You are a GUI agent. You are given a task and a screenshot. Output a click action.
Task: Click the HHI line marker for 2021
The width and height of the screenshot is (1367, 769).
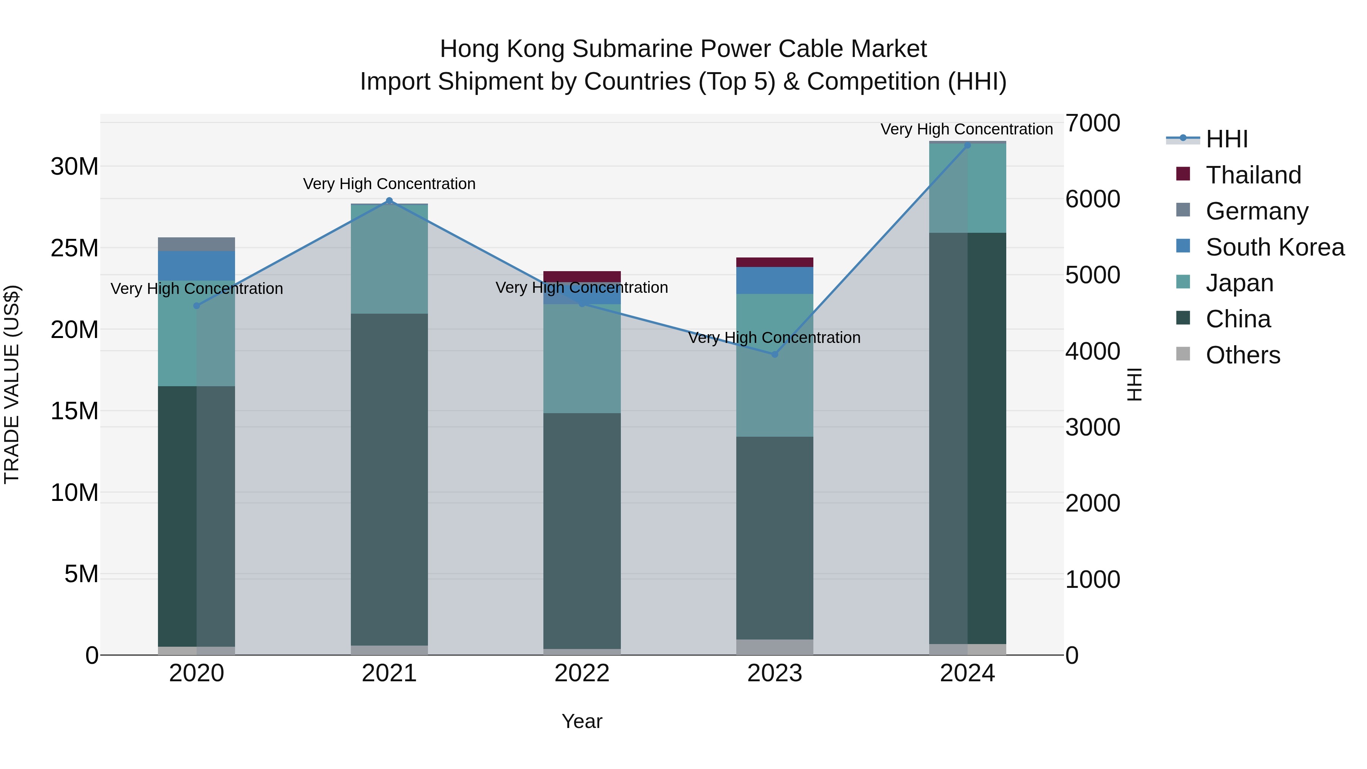coord(389,201)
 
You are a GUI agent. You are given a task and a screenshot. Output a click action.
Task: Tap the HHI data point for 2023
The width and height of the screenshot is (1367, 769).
coord(774,354)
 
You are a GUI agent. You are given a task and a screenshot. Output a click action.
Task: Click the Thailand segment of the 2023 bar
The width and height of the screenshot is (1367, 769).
coord(774,262)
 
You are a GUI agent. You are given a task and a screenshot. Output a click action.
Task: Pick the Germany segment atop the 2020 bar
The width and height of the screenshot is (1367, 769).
coord(196,244)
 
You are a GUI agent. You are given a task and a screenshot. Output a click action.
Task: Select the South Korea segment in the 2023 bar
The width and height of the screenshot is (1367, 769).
coord(774,280)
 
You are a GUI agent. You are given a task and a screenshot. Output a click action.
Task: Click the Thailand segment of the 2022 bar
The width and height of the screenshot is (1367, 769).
coord(582,276)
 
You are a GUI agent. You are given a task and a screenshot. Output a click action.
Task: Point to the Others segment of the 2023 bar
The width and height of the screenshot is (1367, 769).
coord(774,647)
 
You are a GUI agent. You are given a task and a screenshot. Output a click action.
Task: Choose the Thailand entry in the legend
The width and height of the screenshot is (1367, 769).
coord(1253,175)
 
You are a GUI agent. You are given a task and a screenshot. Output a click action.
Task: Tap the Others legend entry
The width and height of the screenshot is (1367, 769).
coord(1242,355)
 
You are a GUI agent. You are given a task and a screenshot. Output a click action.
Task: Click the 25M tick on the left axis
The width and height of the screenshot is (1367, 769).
coord(74,248)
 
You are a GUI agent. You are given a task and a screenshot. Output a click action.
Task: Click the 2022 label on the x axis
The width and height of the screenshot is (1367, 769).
coord(582,673)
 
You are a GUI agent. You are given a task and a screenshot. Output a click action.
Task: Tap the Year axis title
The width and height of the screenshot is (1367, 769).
coord(582,721)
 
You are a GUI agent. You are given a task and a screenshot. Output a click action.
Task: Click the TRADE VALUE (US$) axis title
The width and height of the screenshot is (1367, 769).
coord(12,384)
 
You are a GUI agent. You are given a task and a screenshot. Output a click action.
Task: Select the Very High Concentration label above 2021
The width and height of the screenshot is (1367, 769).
coord(389,184)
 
